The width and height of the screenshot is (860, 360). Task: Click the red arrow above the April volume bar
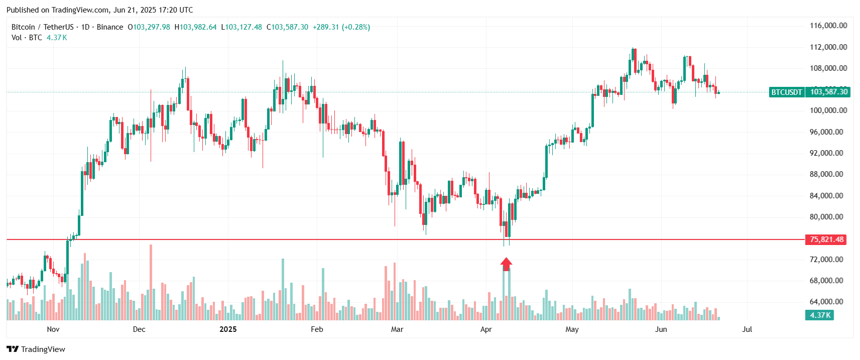pos(506,264)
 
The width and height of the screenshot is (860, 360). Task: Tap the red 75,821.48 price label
pos(826,239)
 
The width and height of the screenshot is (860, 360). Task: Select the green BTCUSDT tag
pos(787,92)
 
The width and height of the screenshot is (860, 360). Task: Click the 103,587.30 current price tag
pos(829,92)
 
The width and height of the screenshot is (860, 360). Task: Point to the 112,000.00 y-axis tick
pos(828,47)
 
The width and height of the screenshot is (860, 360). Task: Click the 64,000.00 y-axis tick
pos(826,302)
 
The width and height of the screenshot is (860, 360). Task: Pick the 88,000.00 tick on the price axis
pos(826,174)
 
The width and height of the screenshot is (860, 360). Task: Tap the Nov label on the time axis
pos(53,329)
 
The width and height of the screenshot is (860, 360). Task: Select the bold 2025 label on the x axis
pos(228,329)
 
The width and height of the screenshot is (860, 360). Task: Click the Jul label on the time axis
pos(747,329)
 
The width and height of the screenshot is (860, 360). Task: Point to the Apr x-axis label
pos(485,329)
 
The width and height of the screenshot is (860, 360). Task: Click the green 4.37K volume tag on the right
pos(820,315)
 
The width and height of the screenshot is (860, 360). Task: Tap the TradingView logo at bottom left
pos(36,349)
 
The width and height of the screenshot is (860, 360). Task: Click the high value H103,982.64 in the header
pos(196,27)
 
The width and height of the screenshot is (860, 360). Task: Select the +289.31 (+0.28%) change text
pos(341,27)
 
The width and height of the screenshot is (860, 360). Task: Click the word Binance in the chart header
pos(110,27)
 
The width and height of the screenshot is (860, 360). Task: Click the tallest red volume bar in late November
pos(151,281)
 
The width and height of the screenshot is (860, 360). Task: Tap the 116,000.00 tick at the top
pos(828,26)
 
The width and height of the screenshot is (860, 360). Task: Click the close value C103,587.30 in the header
pos(287,27)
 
